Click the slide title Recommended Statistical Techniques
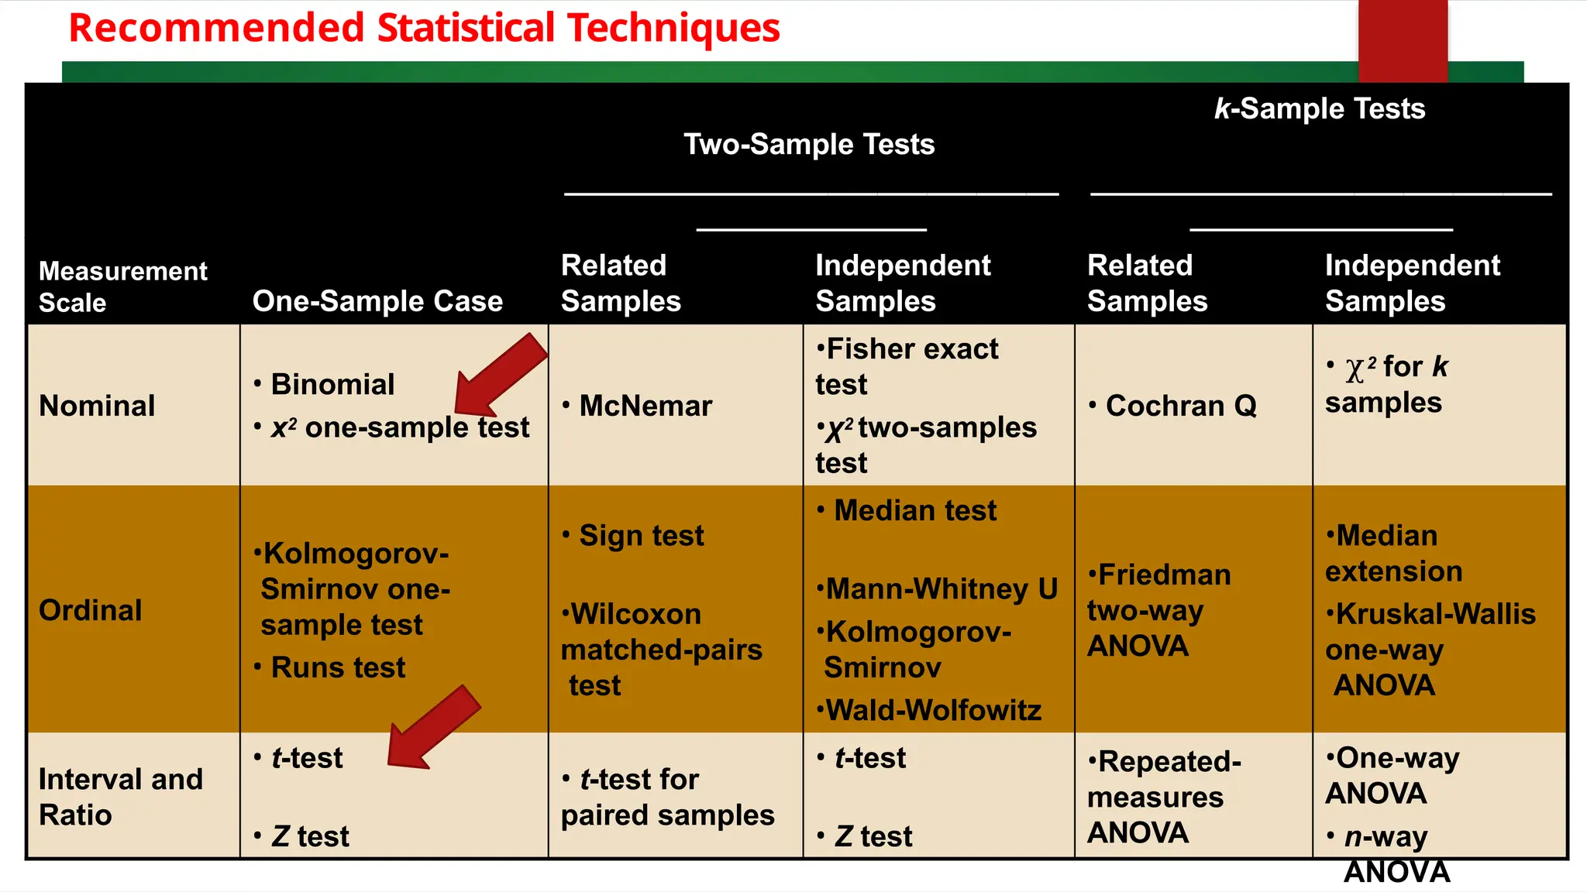coord(424,28)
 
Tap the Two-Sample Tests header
coord(809,145)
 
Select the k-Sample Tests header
coord(1319,109)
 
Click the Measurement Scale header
coord(122,286)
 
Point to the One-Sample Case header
coord(377,301)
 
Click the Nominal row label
coord(97,406)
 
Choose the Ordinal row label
coord(91,610)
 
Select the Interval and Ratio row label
coord(120,797)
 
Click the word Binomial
coord(332,385)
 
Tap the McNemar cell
coord(645,406)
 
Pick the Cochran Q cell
coord(1180,406)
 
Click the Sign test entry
coord(641,536)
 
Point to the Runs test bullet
coord(338,667)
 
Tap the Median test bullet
coord(914,511)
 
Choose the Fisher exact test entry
coord(907,367)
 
